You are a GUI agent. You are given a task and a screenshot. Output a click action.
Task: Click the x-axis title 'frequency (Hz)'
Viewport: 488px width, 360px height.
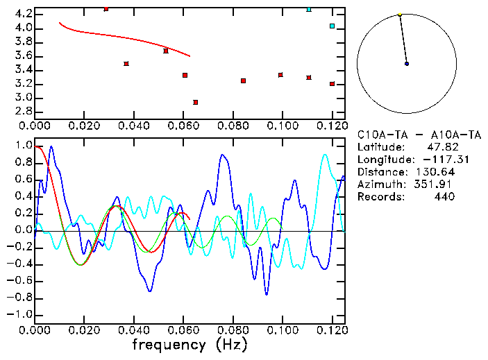(190, 344)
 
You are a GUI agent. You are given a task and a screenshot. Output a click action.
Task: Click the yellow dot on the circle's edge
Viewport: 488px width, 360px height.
(400, 14)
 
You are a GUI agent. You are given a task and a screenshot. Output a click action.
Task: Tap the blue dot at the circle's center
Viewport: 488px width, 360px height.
(407, 64)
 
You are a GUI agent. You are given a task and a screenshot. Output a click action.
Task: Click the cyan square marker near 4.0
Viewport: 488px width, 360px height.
(332, 26)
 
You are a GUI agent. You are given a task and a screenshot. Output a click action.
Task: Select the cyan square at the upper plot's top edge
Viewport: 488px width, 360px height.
(309, 10)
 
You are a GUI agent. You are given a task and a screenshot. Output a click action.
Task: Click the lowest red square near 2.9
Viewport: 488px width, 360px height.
(196, 103)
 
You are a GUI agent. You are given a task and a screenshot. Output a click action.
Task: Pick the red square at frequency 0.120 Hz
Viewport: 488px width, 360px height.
(333, 84)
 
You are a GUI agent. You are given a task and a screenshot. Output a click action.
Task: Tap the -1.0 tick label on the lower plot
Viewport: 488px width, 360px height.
(19, 314)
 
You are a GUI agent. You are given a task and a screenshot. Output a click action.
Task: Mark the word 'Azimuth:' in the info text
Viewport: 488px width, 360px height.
(379, 184)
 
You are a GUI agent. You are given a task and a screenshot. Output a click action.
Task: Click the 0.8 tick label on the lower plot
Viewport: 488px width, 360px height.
(22, 162)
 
